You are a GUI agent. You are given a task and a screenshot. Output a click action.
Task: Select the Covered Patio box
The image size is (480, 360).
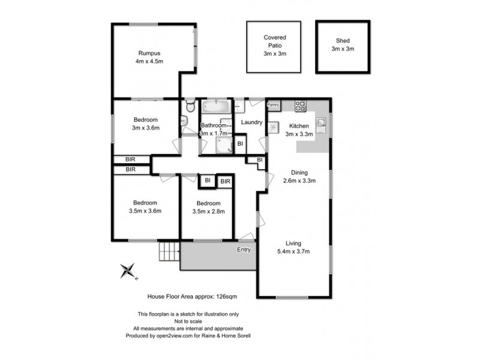point(274,46)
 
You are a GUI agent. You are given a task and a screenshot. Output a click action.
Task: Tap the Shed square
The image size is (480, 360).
point(343,47)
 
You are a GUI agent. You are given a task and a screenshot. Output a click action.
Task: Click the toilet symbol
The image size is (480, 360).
point(190,107)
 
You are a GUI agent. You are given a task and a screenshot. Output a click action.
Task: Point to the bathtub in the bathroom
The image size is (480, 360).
point(215,107)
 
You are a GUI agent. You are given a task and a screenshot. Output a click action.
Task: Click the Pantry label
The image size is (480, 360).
point(274,104)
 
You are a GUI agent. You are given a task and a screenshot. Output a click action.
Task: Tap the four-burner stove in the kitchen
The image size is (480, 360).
point(300,106)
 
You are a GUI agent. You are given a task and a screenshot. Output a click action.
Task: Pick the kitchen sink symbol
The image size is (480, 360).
point(322,124)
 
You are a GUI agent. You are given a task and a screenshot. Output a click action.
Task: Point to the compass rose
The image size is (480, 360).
point(128,271)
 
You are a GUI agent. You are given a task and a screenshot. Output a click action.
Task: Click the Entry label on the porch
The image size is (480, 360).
point(244,250)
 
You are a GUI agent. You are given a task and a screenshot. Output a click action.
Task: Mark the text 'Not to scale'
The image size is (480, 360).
point(189,322)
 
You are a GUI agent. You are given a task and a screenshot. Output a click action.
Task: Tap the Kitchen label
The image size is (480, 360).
point(299,125)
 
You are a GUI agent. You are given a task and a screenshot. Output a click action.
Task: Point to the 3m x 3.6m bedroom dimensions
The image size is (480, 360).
point(146,128)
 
